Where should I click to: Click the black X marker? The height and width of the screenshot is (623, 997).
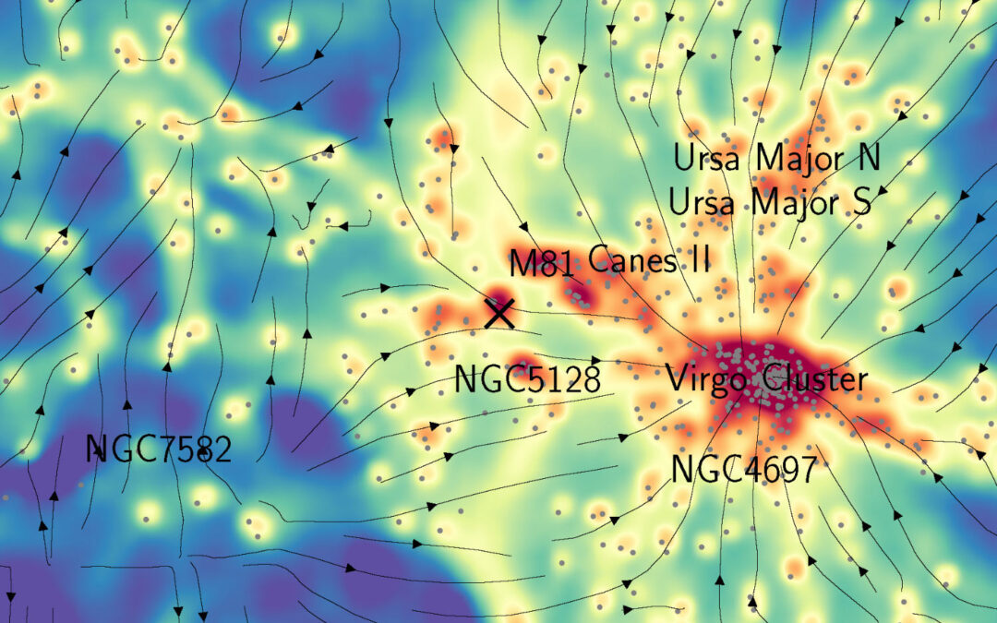(x=499, y=314)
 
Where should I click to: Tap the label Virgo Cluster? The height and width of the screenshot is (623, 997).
(x=766, y=379)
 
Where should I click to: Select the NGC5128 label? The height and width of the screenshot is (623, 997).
(x=526, y=379)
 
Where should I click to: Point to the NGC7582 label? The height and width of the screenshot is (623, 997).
(x=158, y=450)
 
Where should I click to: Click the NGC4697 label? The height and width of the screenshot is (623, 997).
(x=744, y=470)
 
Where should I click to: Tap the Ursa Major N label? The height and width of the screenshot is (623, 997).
(x=776, y=159)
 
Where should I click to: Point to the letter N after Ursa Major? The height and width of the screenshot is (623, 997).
(x=868, y=159)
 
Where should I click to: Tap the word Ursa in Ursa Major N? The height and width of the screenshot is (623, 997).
(x=706, y=159)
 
